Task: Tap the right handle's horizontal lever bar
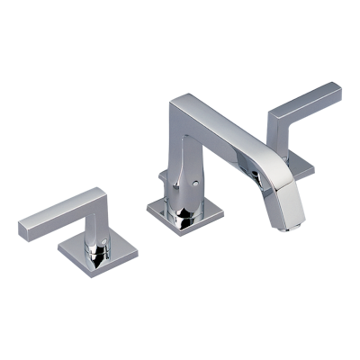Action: pyautogui.click(x=306, y=100)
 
